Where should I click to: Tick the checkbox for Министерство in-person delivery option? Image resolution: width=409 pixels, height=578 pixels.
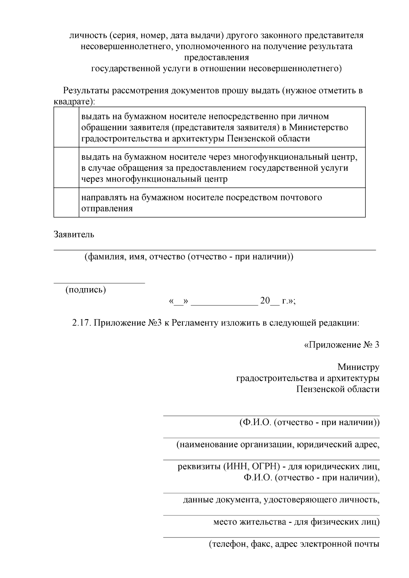[66, 127]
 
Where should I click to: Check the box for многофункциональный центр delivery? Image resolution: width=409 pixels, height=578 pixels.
[66, 168]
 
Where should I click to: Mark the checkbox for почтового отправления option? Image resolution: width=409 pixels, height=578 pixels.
[66, 203]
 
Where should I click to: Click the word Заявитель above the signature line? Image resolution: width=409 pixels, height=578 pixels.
[74, 234]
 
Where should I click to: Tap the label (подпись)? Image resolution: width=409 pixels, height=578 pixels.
[86, 290]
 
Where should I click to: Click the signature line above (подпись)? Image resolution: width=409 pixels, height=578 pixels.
[99, 282]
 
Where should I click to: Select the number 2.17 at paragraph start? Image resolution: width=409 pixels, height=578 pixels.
[81, 323]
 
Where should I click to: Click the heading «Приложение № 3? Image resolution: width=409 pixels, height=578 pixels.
[341, 345]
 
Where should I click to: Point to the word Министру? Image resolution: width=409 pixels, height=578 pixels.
[358, 367]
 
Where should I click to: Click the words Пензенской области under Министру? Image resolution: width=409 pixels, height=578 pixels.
[338, 389]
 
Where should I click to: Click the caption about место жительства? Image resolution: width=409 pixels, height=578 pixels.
[296, 522]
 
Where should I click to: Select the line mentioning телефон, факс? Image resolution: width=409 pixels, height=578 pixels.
[294, 544]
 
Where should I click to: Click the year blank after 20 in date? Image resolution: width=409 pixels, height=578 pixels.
[274, 302]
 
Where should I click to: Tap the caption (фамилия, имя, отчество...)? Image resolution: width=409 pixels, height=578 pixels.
[189, 256]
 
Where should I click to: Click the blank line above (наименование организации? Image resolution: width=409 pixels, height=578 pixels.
[271, 438]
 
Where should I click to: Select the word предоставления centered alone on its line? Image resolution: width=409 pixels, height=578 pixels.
[216, 57]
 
